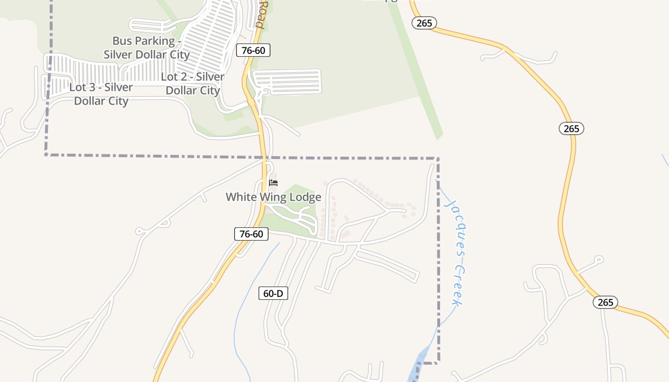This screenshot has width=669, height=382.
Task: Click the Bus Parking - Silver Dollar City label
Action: (147, 48)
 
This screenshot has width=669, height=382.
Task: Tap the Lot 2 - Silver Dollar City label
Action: (193, 84)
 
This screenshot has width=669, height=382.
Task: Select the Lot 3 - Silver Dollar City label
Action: (101, 94)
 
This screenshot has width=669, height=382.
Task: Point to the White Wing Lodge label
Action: (273, 197)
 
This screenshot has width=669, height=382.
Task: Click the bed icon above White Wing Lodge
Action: (273, 182)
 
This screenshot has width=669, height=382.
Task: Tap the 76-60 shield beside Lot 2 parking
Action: (253, 50)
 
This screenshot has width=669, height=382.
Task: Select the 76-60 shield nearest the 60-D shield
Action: (251, 234)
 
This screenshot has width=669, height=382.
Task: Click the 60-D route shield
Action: (273, 293)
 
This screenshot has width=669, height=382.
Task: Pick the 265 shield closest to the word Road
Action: (424, 23)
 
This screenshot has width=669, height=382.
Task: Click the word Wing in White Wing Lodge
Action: (272, 197)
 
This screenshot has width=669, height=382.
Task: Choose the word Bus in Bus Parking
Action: (122, 41)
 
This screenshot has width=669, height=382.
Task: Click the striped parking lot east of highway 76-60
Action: (287, 82)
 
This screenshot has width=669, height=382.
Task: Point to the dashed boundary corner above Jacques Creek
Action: (438, 158)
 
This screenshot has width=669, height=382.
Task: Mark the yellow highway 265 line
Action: (567, 191)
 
